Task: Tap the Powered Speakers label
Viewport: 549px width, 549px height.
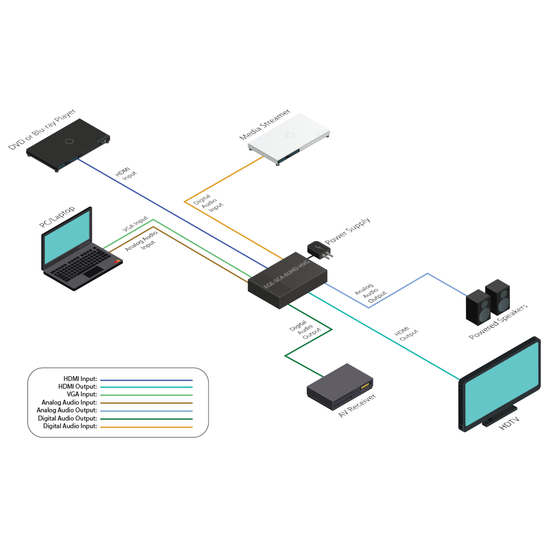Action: click(x=498, y=322)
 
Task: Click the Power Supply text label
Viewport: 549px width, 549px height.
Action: click(x=348, y=231)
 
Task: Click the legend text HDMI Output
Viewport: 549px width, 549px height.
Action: click(x=77, y=386)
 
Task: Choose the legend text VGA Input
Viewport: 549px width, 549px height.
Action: click(x=81, y=394)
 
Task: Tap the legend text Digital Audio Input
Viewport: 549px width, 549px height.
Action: click(x=70, y=425)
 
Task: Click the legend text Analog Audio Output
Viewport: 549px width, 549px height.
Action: click(x=67, y=410)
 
